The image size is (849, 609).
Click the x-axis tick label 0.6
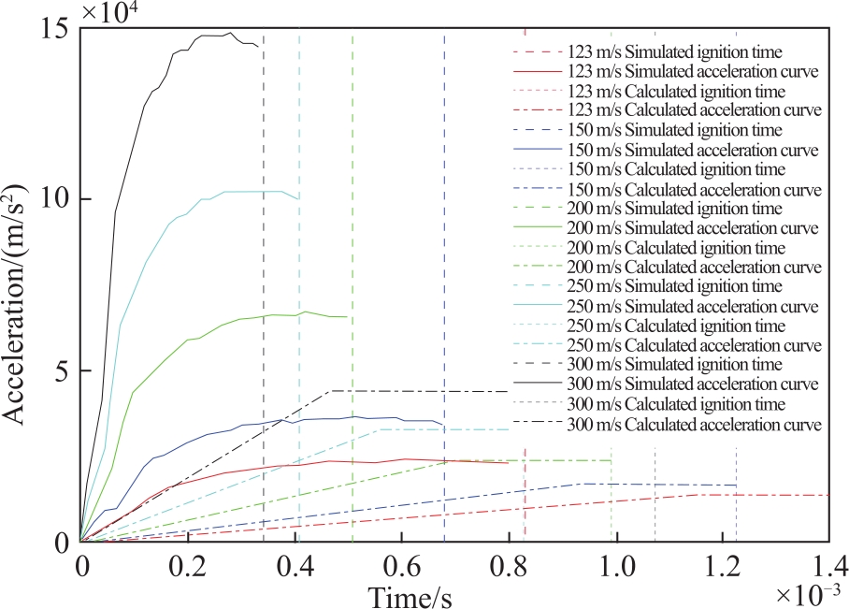pos(402,567)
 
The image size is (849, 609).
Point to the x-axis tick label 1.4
pos(828,567)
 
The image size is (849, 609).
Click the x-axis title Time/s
pos(410,597)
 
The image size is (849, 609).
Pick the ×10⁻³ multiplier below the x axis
pos(809,595)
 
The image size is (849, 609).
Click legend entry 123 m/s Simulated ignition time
pos(675,52)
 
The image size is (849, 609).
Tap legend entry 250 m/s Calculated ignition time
pos(676,326)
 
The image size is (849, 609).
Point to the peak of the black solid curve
pos(232,33)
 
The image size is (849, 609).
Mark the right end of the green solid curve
pos(347,316)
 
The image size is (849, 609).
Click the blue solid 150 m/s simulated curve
pos(260,424)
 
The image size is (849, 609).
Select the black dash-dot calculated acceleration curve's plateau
pos(420,391)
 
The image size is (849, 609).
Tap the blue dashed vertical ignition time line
pos(444,287)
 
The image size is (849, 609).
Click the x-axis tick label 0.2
pos(188,567)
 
